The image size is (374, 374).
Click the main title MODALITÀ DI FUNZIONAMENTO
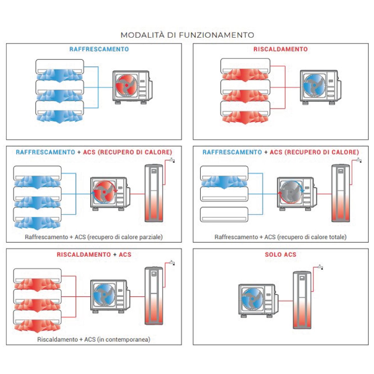pyautogui.click(x=187, y=35)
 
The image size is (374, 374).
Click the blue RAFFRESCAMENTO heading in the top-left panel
pyautogui.click(x=99, y=49)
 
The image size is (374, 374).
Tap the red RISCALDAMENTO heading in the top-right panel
pyautogui.click(x=280, y=49)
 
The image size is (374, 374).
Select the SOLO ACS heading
pyautogui.click(x=280, y=255)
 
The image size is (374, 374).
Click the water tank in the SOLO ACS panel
pyautogui.click(x=302, y=300)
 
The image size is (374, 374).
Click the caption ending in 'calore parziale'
pyautogui.click(x=94, y=237)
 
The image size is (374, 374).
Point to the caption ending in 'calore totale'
pyautogui.click(x=280, y=237)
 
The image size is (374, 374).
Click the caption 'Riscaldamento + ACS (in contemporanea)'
pyautogui.click(x=94, y=339)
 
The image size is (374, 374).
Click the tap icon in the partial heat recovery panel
pyautogui.click(x=172, y=161)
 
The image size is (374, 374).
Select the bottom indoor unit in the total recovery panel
pyautogui.click(x=224, y=214)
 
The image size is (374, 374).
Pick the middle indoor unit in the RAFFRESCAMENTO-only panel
pyautogui.click(x=60, y=87)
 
